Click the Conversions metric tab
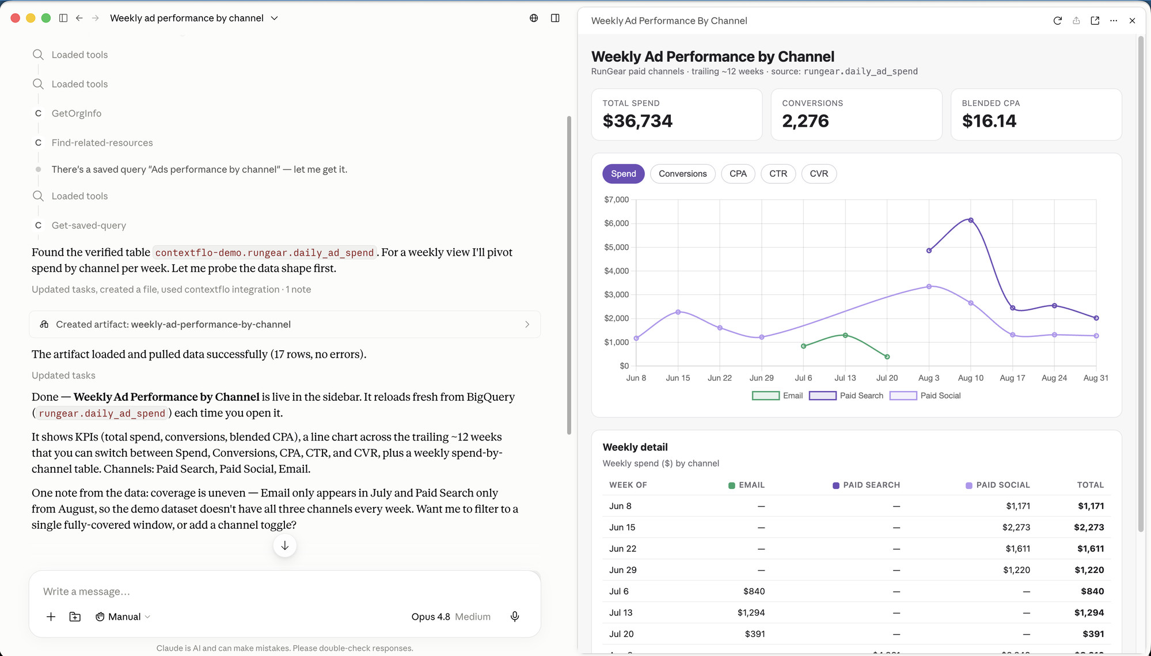(x=682, y=174)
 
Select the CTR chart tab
(x=778, y=174)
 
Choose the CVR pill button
(x=819, y=174)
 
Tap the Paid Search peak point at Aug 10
(x=971, y=220)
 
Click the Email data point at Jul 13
(x=845, y=335)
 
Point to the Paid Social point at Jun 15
(x=678, y=312)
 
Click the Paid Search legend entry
(x=846, y=396)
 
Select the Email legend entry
(x=777, y=396)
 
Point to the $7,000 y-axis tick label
(x=616, y=200)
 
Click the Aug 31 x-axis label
(x=1096, y=378)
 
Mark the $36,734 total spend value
(x=637, y=121)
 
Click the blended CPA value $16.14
(x=989, y=121)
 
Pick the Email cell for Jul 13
(x=751, y=613)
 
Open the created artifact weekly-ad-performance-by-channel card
(x=285, y=324)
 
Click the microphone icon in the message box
(x=515, y=617)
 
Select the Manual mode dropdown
(x=123, y=617)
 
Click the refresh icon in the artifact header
(x=1058, y=21)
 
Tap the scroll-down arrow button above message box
(x=285, y=545)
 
